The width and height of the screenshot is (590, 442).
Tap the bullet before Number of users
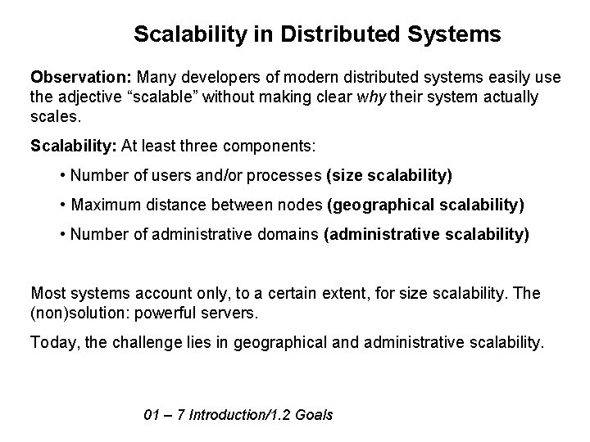(x=64, y=176)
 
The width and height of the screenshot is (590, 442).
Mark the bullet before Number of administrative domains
(x=64, y=235)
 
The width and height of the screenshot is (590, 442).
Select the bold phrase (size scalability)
(x=388, y=176)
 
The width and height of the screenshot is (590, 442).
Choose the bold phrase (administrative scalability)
(x=427, y=235)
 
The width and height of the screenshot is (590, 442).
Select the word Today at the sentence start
(x=54, y=343)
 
